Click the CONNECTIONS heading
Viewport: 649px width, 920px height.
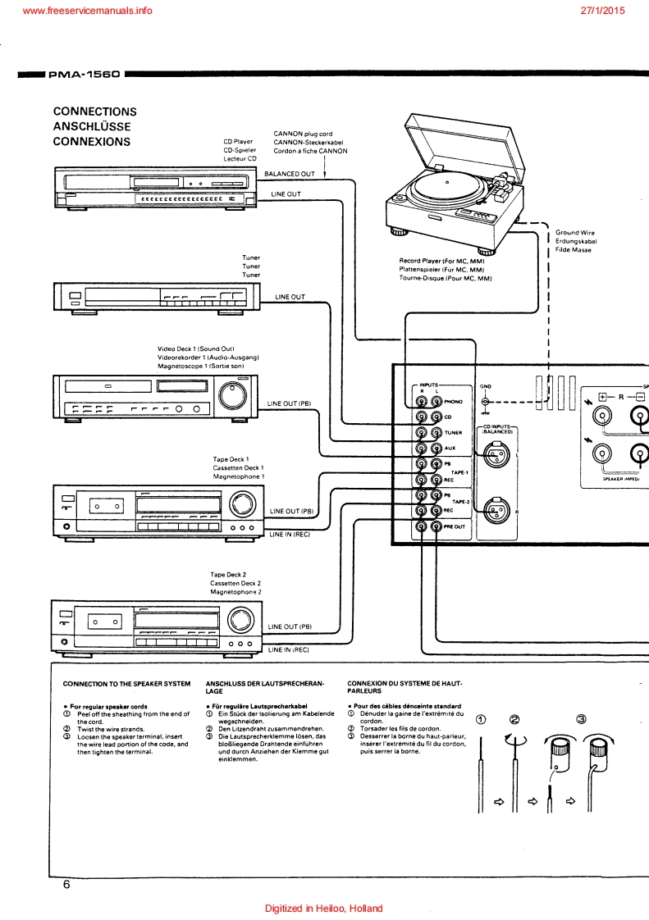tap(94, 112)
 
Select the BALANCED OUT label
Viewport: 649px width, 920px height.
tap(289, 174)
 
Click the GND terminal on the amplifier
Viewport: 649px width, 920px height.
tap(485, 402)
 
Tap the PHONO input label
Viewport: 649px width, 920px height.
tap(453, 402)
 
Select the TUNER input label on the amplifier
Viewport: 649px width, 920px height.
tap(454, 433)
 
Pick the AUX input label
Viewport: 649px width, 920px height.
tap(450, 449)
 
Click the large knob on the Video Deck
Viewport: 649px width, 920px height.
tap(232, 394)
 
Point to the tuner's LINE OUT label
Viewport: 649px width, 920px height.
tap(290, 297)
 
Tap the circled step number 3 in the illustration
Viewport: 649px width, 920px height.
tap(581, 720)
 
